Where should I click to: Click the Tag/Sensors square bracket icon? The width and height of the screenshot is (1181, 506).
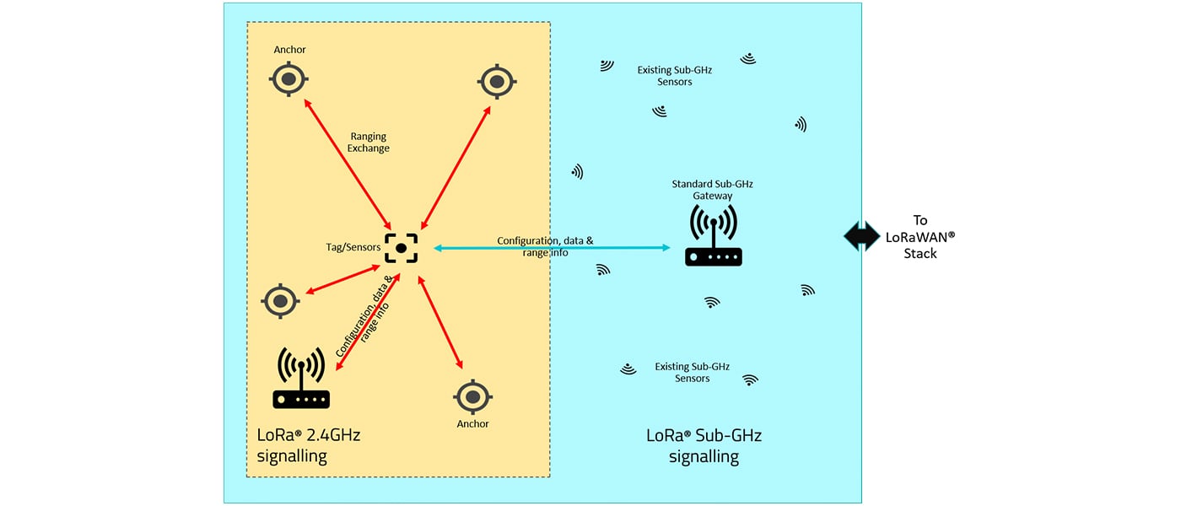pyautogui.click(x=401, y=248)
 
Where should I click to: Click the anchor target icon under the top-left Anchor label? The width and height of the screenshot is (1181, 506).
pyautogui.click(x=289, y=80)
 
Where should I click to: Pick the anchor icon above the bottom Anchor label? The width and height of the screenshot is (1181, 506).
pyautogui.click(x=472, y=396)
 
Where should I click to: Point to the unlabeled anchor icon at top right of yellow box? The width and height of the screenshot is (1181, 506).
pyautogui.click(x=497, y=82)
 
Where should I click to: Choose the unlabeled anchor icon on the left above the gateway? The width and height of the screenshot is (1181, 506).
pyautogui.click(x=280, y=300)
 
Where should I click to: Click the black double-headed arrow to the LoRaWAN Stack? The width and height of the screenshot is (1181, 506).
pyautogui.click(x=861, y=236)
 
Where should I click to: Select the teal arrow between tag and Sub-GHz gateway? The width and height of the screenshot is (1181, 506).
pyautogui.click(x=553, y=248)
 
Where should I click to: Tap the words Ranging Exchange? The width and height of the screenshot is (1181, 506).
pyautogui.click(x=369, y=142)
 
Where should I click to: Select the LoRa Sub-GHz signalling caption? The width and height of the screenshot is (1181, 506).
pyautogui.click(x=704, y=446)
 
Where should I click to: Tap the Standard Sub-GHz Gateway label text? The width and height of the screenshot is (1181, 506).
pyautogui.click(x=713, y=190)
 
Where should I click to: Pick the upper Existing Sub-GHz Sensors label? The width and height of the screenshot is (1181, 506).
pyautogui.click(x=674, y=76)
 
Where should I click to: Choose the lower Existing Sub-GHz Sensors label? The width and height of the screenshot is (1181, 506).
pyautogui.click(x=692, y=373)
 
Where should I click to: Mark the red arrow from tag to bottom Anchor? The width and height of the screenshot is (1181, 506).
pyautogui.click(x=441, y=324)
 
